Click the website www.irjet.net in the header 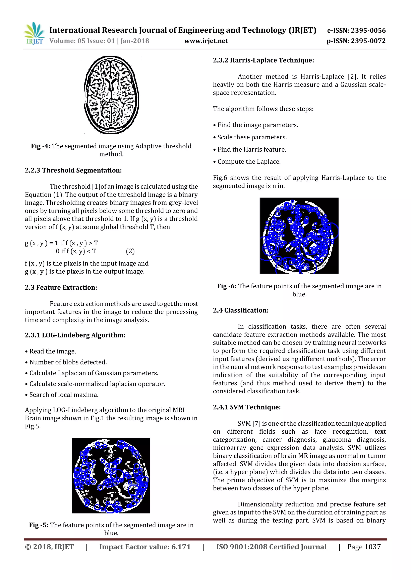pyautogui.click(x=206, y=41)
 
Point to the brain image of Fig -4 pyautogui.click(x=111, y=95)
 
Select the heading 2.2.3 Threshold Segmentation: pyautogui.click(x=73, y=170)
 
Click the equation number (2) pyautogui.click(x=130, y=251)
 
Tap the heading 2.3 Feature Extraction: pyautogui.click(x=61, y=288)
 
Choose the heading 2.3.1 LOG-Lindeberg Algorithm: pyautogui.click(x=75, y=335)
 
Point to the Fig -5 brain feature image pyautogui.click(x=111, y=476)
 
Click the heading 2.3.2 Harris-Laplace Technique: pyautogui.click(x=263, y=60)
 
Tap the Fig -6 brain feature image pyautogui.click(x=299, y=236)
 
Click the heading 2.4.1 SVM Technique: pyautogui.click(x=247, y=407)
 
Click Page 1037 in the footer pyautogui.click(x=364, y=547)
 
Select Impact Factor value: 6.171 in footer pyautogui.click(x=145, y=547)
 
